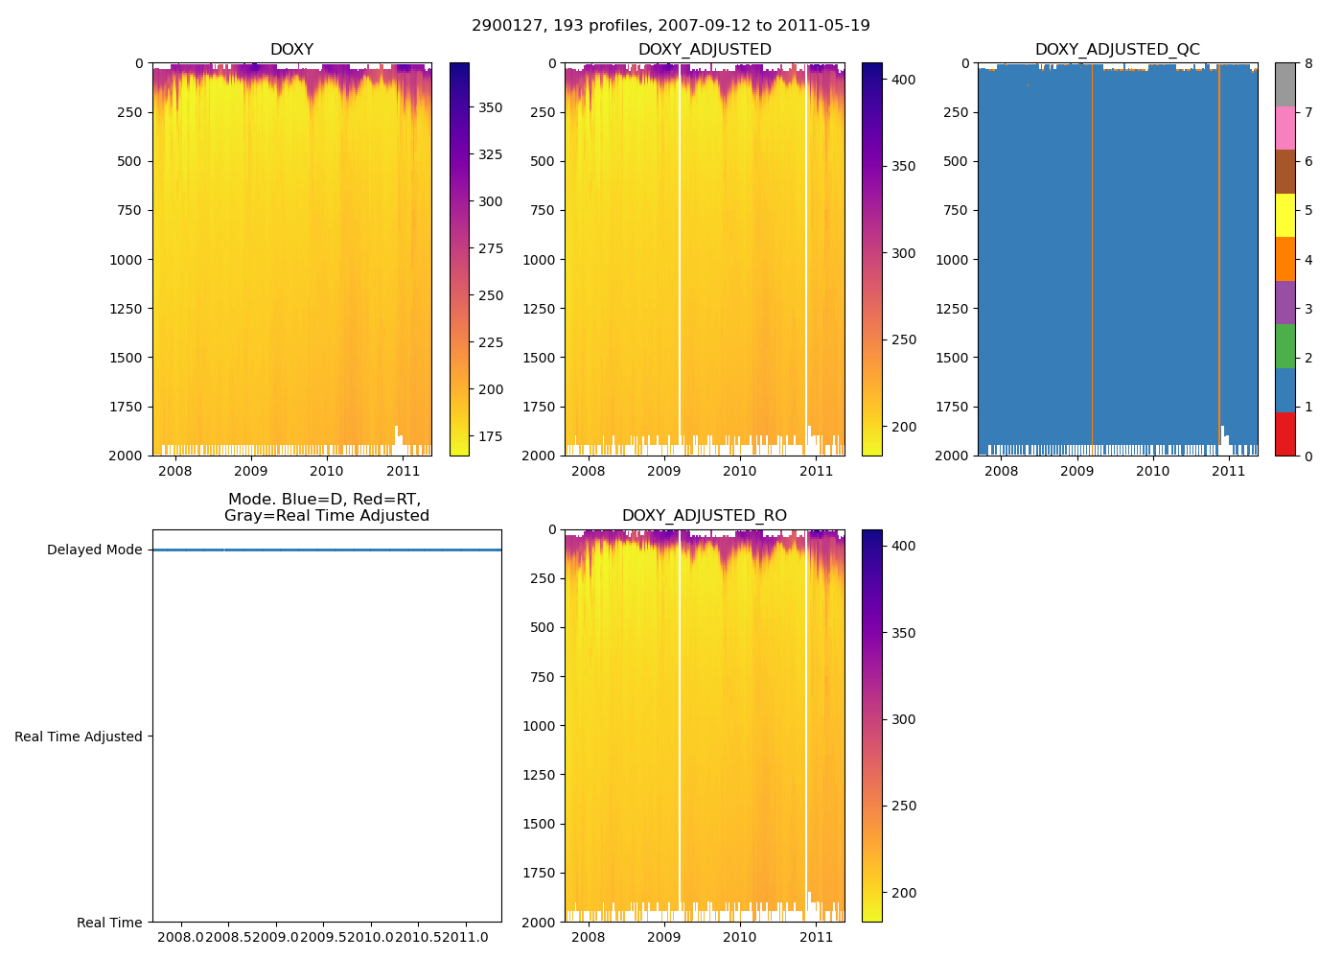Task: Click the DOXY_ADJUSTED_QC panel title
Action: tap(1117, 50)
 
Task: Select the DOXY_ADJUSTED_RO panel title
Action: tap(704, 516)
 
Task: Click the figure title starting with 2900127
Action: tap(670, 26)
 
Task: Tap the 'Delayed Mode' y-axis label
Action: tap(94, 550)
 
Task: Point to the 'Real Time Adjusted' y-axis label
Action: tap(79, 737)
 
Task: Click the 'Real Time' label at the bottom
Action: tap(109, 923)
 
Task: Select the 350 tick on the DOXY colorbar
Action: tap(490, 107)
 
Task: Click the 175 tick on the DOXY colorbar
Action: tap(490, 436)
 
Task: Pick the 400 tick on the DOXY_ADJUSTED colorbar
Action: tap(903, 80)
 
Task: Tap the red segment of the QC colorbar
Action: tap(1284, 433)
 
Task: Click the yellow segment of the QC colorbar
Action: tap(1284, 215)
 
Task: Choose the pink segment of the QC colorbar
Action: tap(1284, 128)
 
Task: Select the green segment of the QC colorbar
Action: tap(1284, 346)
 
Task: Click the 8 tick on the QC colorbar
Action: tap(1308, 64)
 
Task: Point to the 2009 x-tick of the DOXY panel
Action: tap(250, 471)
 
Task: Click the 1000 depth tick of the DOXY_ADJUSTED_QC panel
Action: tap(956, 260)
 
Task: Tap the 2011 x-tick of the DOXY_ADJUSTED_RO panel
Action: tap(816, 937)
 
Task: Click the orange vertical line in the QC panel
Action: tap(1219, 249)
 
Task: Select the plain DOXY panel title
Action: tap(291, 50)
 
